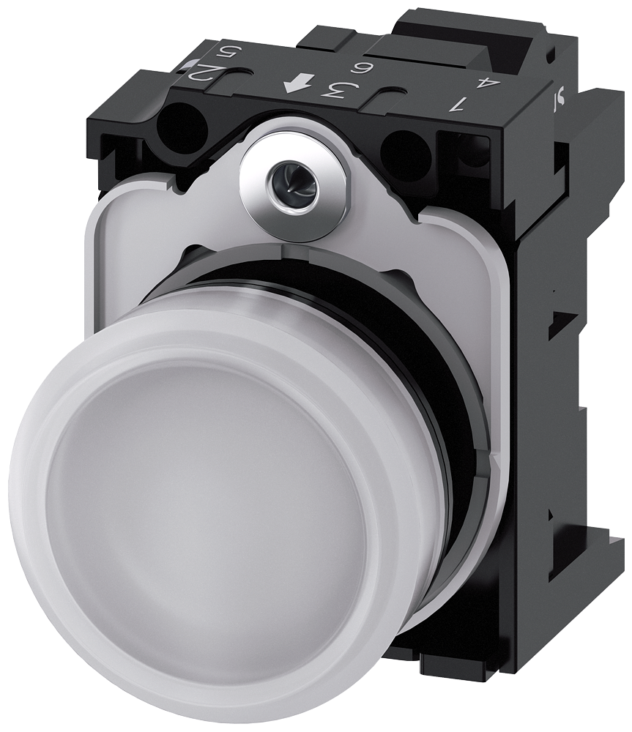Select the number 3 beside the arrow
point(335,91)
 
